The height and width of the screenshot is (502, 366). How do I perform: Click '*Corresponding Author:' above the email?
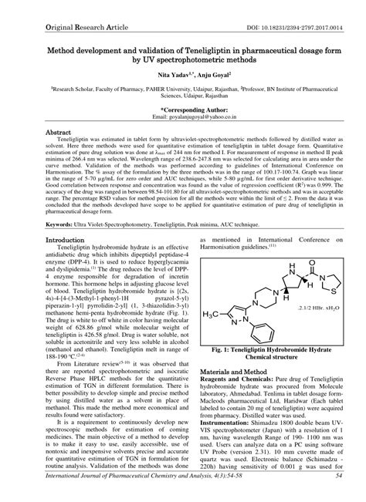pyautogui.click(x=183, y=109)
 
